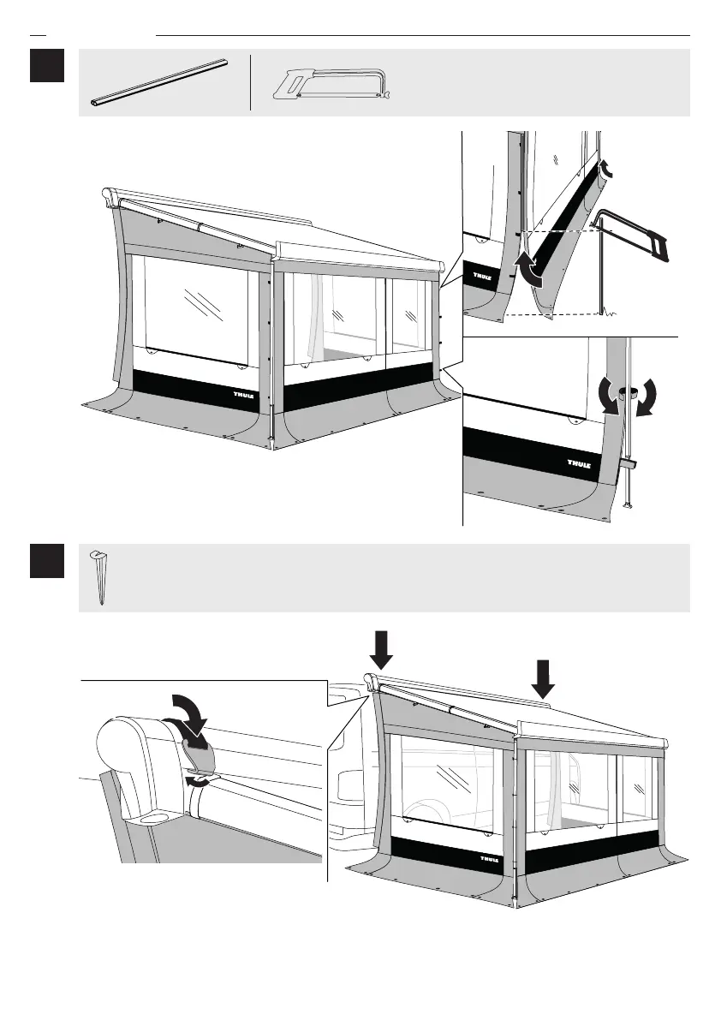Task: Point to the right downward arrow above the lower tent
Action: pyautogui.click(x=542, y=678)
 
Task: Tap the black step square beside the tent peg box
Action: pyautogui.click(x=47, y=562)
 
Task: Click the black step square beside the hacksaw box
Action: pyautogui.click(x=47, y=66)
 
